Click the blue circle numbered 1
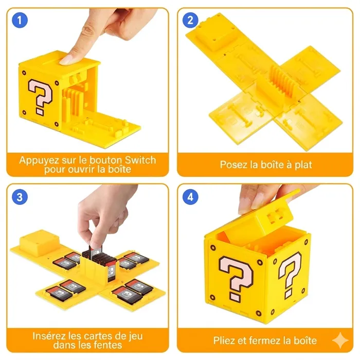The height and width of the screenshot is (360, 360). click(20, 21)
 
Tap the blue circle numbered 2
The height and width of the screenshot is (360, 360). click(190, 21)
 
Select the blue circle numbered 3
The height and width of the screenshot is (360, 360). click(20, 197)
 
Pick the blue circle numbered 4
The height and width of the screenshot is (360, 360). click(190, 197)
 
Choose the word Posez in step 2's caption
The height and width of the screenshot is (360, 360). click(235, 165)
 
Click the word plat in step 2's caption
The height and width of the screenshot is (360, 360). click(302, 165)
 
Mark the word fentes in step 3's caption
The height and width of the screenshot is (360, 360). click(107, 345)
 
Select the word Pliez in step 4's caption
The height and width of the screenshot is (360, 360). click(225, 340)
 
